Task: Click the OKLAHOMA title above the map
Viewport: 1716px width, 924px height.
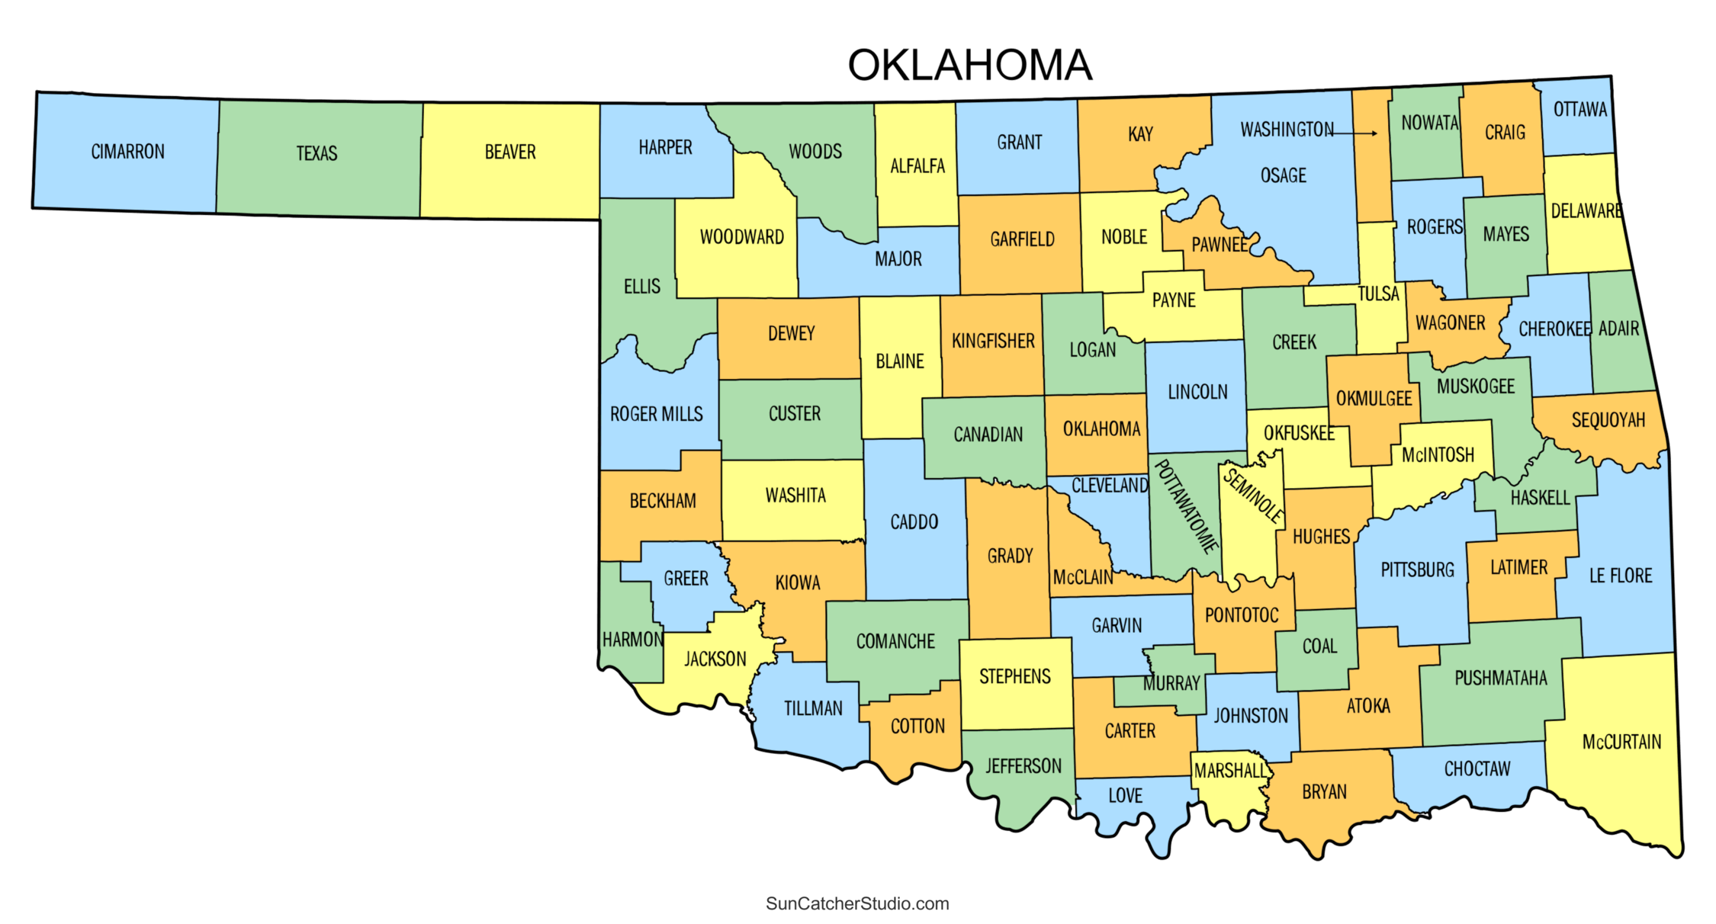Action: coord(969,66)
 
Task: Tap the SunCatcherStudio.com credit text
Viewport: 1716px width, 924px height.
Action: coord(857,903)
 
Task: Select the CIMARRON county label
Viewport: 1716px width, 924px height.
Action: coord(127,152)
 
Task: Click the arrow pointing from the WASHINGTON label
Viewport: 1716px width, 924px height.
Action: coord(1355,133)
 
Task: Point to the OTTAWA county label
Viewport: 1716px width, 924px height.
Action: coord(1579,110)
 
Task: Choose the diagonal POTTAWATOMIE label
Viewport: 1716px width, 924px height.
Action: coord(1185,505)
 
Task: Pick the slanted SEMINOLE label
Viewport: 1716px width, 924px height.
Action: coord(1253,495)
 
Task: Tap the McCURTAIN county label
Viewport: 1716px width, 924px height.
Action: coord(1621,742)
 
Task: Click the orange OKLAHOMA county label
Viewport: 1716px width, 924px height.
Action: coord(1101,429)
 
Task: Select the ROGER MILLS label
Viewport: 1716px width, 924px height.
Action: coord(656,414)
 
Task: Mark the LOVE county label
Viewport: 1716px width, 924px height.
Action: coord(1125,796)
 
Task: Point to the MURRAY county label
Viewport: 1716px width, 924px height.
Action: coord(1171,684)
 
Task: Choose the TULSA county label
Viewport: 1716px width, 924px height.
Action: coord(1377,294)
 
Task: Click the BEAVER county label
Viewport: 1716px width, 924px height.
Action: coord(510,152)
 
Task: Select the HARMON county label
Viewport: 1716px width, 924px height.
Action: coord(632,640)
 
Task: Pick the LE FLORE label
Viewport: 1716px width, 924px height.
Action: coord(1620,576)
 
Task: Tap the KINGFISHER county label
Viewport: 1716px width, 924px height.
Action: coord(992,341)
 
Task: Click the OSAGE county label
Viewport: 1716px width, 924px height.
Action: coord(1283,176)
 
